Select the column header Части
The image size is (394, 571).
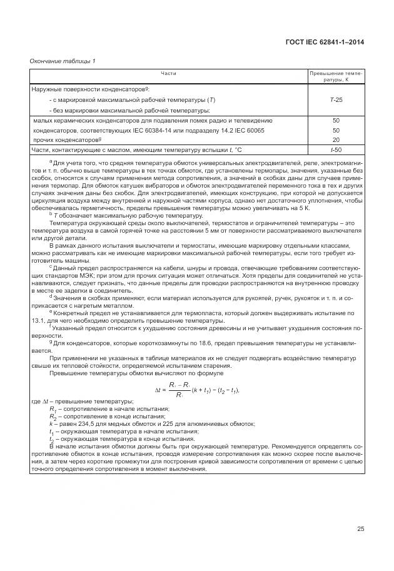[x=168, y=74]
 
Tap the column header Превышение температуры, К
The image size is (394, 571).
[x=336, y=77]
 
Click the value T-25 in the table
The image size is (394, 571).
[x=336, y=100]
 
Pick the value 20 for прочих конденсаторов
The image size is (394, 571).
[x=336, y=140]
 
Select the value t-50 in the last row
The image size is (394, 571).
[x=336, y=150]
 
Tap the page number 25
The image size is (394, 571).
[x=360, y=529]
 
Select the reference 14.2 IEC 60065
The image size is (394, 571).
[x=231, y=130]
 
